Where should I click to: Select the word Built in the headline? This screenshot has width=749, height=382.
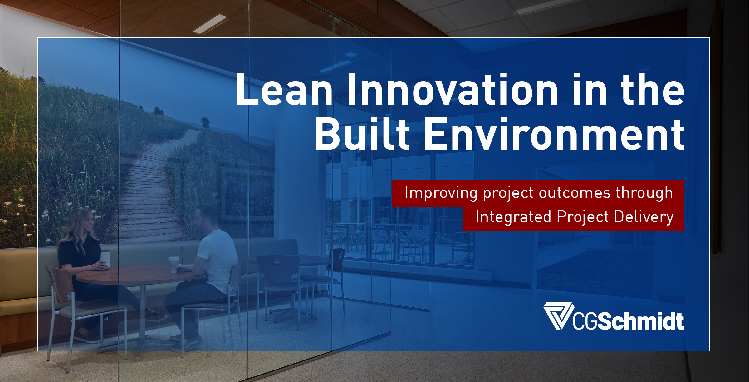click(362, 134)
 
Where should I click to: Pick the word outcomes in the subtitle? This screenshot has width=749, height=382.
click(575, 193)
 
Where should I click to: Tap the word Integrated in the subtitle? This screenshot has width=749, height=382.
click(513, 217)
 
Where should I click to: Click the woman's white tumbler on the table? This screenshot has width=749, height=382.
click(105, 259)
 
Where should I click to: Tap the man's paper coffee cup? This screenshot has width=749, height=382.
click(174, 264)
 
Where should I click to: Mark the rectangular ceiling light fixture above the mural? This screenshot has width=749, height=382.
click(210, 24)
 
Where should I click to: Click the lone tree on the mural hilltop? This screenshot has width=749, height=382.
click(205, 122)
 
